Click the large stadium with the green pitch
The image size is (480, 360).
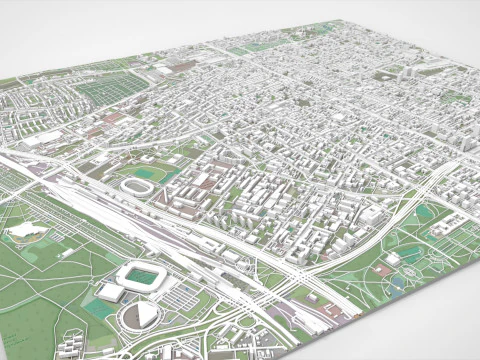pyautogui.click(x=141, y=275)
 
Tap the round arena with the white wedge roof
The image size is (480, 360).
pyautogui.click(x=141, y=315)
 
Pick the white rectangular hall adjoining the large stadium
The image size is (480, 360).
pyautogui.click(x=110, y=292)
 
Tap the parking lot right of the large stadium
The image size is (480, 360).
pyautogui.click(x=183, y=296)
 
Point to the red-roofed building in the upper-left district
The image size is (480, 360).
pyautogui.click(x=112, y=118)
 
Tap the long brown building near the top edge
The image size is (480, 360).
pyautogui.click(x=181, y=67)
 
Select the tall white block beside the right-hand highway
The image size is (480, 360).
pyautogui.click(x=372, y=215)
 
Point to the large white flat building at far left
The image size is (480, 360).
pyautogui.click(x=40, y=141)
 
